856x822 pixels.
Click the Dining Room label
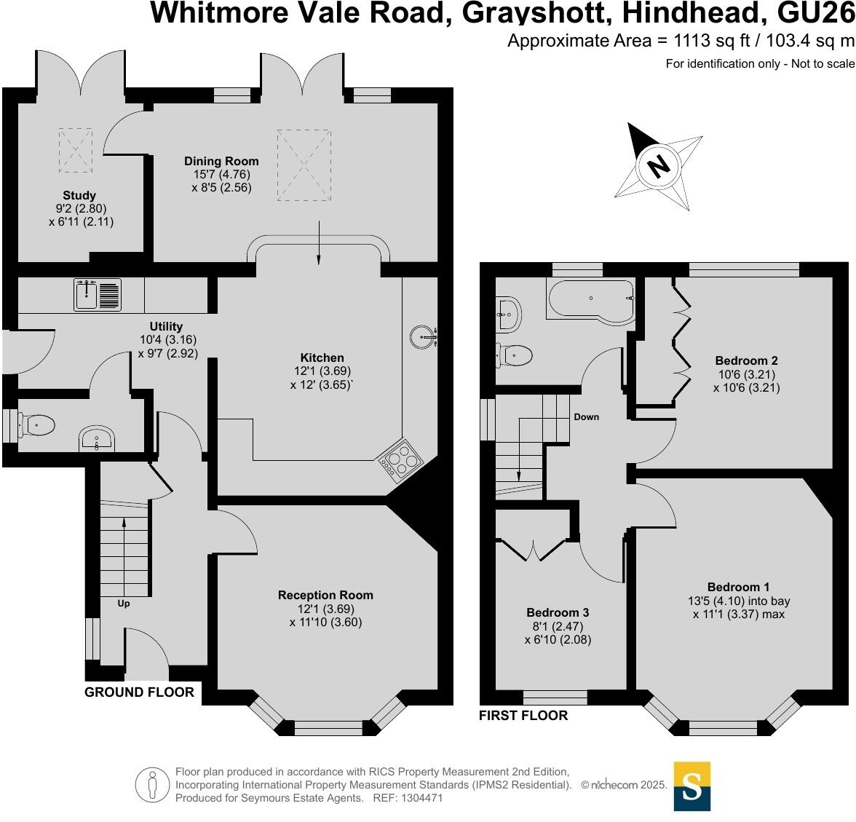tap(221, 161)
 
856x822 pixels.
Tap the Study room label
tap(79, 195)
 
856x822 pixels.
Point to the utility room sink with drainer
tap(98, 295)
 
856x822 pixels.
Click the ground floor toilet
tap(36, 424)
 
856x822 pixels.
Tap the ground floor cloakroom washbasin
tap(96, 439)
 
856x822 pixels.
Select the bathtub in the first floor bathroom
tap(590, 299)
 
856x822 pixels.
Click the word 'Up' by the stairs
tap(124, 603)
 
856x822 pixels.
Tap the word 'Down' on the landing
tap(586, 417)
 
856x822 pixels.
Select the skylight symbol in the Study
tap(75, 150)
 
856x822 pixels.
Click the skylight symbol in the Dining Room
tap(304, 164)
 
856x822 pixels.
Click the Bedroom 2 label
tap(746, 360)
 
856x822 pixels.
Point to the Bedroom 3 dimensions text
tap(558, 633)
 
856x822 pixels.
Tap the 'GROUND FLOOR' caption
tap(140, 692)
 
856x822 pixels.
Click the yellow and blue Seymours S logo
tap(691, 786)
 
